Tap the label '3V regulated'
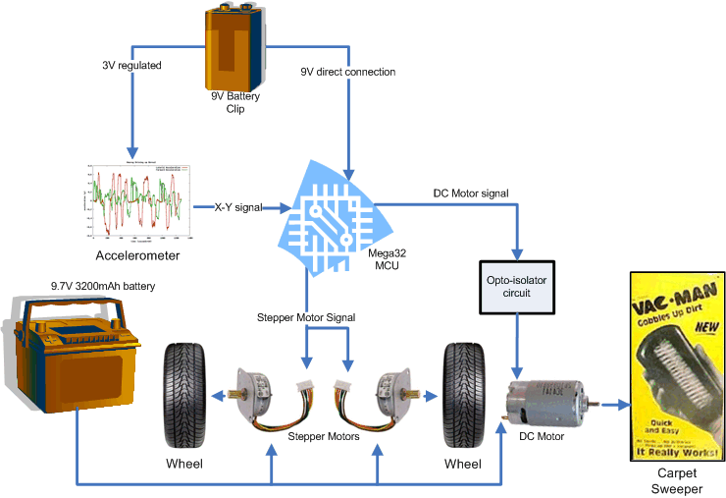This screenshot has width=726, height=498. (x=131, y=65)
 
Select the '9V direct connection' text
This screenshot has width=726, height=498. (x=347, y=72)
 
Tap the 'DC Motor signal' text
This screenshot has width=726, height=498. (x=471, y=194)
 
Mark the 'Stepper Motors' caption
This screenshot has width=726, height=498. (x=323, y=435)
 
